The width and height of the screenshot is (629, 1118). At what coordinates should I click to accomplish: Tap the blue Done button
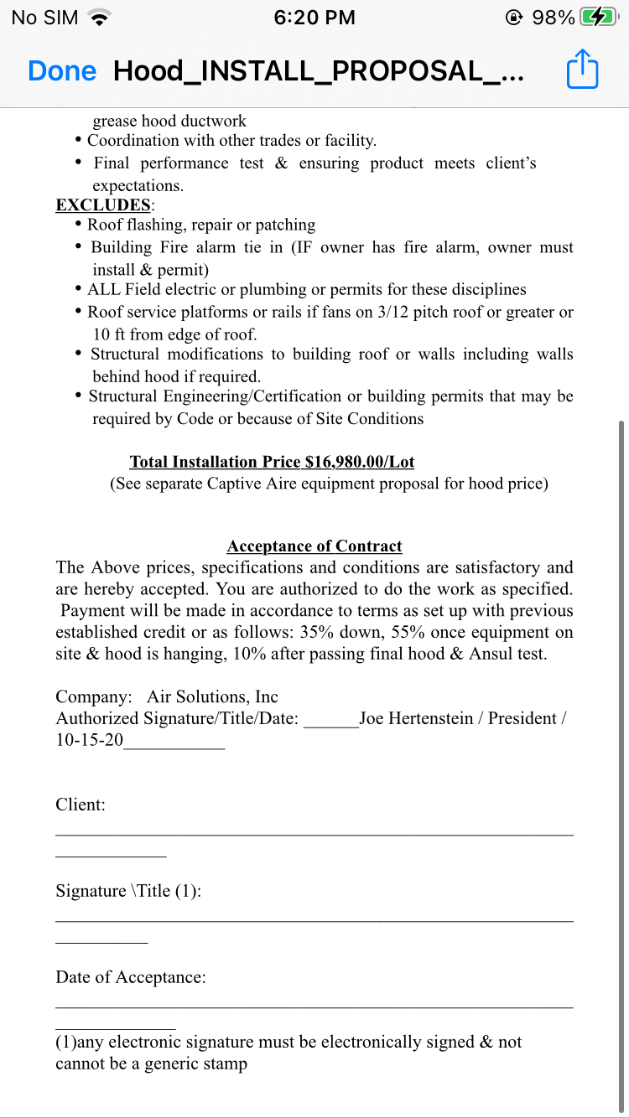tap(62, 71)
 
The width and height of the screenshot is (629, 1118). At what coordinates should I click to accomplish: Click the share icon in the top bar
tap(582, 70)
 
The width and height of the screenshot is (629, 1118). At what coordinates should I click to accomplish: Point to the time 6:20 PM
tap(314, 18)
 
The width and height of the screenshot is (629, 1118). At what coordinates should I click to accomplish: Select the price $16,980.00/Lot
tap(360, 462)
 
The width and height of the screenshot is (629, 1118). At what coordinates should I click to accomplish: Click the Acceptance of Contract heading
tap(314, 546)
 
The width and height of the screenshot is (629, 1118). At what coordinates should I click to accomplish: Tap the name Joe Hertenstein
tap(416, 719)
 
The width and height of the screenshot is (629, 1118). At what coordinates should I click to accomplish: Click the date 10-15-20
tap(89, 741)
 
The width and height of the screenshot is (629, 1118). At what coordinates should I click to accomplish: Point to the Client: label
tap(81, 805)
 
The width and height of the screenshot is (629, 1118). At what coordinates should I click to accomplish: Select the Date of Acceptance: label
tap(131, 977)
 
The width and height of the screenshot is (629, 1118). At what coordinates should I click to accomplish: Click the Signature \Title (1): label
tap(128, 891)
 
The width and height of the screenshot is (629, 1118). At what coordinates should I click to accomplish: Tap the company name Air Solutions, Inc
tap(212, 697)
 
